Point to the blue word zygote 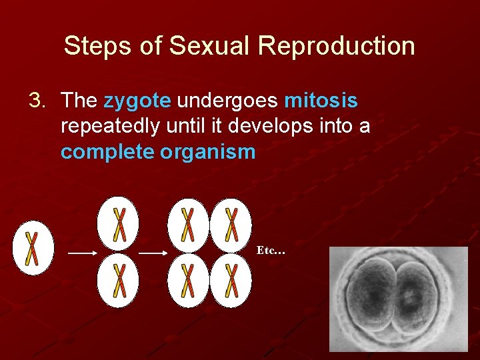tap(137, 101)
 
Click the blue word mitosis tap(321, 101)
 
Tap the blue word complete tap(107, 151)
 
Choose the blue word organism tap(208, 151)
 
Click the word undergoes tap(227, 101)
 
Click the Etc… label tap(271, 251)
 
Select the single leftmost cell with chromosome tap(32, 248)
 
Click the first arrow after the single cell tap(83, 253)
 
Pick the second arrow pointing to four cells tap(153, 253)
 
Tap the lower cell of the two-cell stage tap(118, 280)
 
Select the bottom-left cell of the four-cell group tap(188, 280)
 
